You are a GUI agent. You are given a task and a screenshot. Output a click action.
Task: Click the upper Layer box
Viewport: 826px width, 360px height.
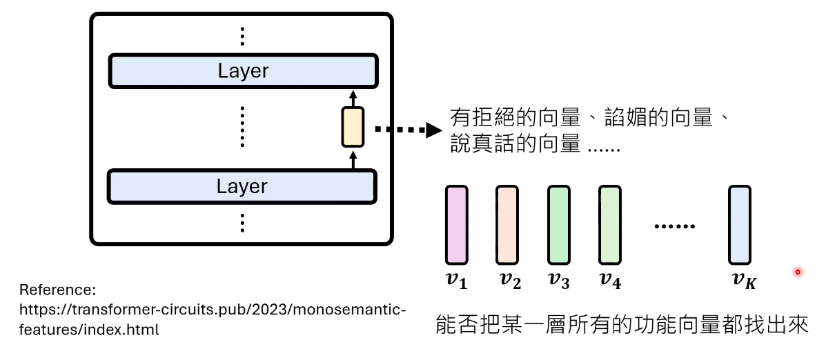click(243, 70)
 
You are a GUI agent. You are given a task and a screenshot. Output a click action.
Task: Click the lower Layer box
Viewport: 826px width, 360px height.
click(242, 186)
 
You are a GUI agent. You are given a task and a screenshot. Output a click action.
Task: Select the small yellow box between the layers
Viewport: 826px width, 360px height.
click(353, 127)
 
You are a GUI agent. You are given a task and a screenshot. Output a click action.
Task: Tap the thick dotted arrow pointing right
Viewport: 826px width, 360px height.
click(407, 130)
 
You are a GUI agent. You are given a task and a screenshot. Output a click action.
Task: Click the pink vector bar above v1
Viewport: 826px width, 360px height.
click(456, 225)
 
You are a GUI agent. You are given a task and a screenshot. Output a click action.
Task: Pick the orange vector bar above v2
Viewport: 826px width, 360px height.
click(507, 225)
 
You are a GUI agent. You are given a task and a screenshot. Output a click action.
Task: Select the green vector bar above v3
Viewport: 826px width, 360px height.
click(558, 225)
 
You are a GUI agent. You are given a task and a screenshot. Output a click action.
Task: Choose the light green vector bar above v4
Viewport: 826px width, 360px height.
click(610, 225)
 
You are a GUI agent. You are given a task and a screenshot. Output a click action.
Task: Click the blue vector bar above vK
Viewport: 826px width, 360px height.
click(740, 225)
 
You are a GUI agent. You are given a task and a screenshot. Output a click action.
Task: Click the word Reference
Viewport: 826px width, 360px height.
click(55, 290)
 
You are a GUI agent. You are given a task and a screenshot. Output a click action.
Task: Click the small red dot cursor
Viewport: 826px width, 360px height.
click(798, 272)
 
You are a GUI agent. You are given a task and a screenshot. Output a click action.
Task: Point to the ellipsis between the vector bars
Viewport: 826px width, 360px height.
click(674, 226)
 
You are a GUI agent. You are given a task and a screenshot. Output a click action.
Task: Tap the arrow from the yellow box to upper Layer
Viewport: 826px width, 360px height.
click(353, 98)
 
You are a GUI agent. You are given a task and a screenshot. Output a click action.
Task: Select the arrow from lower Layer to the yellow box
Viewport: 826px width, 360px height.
click(353, 158)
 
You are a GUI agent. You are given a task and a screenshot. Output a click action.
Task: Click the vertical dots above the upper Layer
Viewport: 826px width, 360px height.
click(242, 37)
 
